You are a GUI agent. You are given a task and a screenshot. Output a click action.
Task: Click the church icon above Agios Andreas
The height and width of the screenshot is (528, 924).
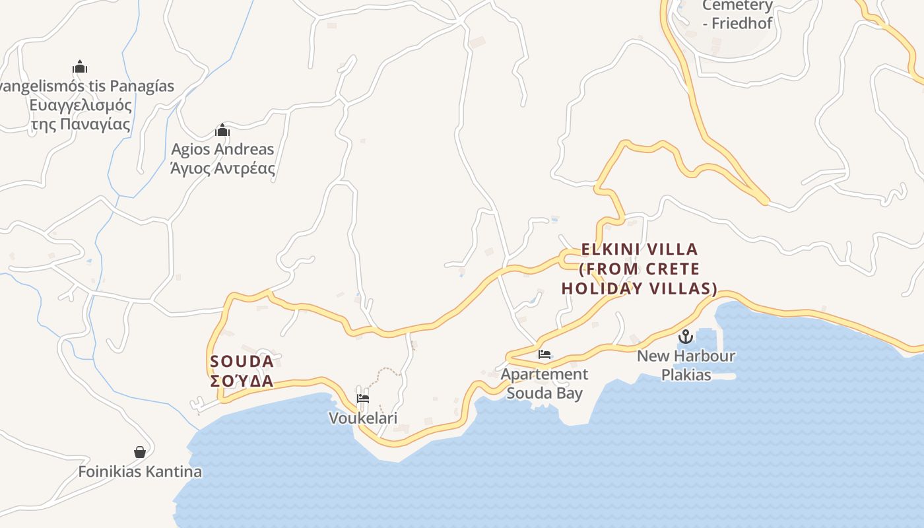(222, 130)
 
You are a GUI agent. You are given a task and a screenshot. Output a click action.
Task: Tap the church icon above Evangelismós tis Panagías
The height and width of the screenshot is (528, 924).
(80, 67)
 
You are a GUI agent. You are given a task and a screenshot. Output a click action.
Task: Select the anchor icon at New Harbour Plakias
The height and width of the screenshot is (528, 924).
(686, 337)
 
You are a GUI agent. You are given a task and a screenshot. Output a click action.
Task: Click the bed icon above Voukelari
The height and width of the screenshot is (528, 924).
(362, 399)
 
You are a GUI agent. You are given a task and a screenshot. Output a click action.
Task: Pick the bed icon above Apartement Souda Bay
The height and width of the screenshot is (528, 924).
(544, 354)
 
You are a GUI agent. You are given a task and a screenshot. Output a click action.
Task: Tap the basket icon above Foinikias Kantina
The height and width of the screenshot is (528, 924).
(140, 452)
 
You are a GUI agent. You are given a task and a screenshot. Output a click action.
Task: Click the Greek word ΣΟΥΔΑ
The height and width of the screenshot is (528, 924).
(242, 381)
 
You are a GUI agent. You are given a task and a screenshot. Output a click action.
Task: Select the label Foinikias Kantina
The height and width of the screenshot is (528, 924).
(140, 472)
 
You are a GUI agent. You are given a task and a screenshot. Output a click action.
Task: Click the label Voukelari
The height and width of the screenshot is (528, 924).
(363, 418)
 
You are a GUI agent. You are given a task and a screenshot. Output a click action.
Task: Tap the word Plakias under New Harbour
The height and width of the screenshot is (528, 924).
(686, 375)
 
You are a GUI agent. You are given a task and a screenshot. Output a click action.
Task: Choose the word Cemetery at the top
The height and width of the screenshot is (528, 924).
(737, 6)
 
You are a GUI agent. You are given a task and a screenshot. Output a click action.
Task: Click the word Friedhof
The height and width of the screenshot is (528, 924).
(742, 23)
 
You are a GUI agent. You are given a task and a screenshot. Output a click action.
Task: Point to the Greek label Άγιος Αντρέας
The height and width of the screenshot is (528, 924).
(222, 168)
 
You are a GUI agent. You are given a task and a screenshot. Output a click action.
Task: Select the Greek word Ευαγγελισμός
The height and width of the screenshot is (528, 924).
(81, 106)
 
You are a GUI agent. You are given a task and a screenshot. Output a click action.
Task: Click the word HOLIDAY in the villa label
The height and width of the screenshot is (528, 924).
(601, 288)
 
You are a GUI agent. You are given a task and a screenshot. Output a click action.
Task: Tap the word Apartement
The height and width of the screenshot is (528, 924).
(544, 374)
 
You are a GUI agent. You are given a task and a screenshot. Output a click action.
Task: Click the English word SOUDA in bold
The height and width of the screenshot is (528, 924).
(242, 362)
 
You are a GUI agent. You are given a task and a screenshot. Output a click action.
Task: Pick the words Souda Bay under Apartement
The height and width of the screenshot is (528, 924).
(544, 393)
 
